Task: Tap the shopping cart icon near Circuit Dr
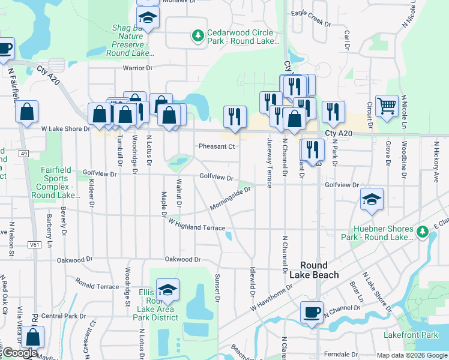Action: click(387, 106)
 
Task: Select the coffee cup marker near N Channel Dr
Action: click(312, 313)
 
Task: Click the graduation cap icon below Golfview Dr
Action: click(372, 199)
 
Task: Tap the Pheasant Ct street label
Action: click(216, 146)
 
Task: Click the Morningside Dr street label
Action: click(229, 198)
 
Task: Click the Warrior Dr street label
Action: click(138, 68)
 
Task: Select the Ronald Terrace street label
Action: click(97, 287)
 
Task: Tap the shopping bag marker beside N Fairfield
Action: click(26, 112)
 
